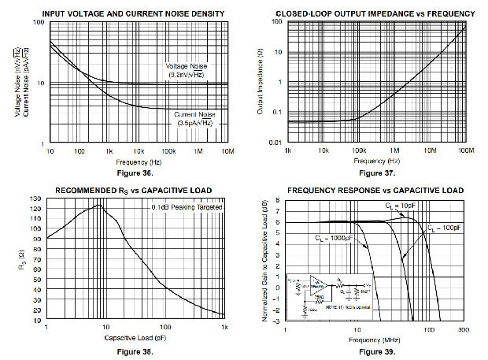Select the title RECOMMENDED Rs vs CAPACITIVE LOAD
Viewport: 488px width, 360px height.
tap(136, 190)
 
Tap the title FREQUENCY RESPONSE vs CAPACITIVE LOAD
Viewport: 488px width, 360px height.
tap(376, 190)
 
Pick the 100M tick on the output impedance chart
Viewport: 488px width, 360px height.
tap(464, 150)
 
